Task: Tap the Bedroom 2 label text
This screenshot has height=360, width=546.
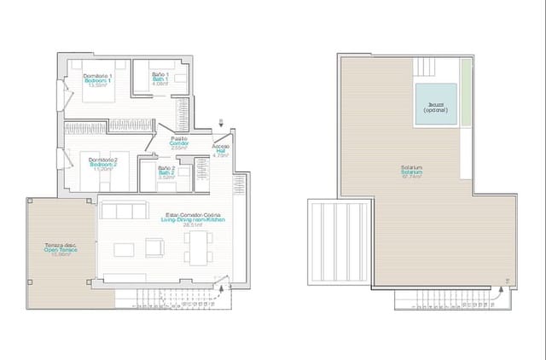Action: pos(102,162)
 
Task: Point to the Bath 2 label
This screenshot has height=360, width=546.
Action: pos(166,171)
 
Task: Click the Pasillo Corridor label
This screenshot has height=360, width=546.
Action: pos(179,142)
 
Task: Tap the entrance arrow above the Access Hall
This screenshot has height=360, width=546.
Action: pos(223,124)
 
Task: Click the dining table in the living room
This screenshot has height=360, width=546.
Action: pos(198,248)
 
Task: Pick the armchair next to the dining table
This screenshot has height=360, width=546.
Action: pos(155,247)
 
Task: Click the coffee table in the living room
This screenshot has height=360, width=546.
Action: pos(124,249)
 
